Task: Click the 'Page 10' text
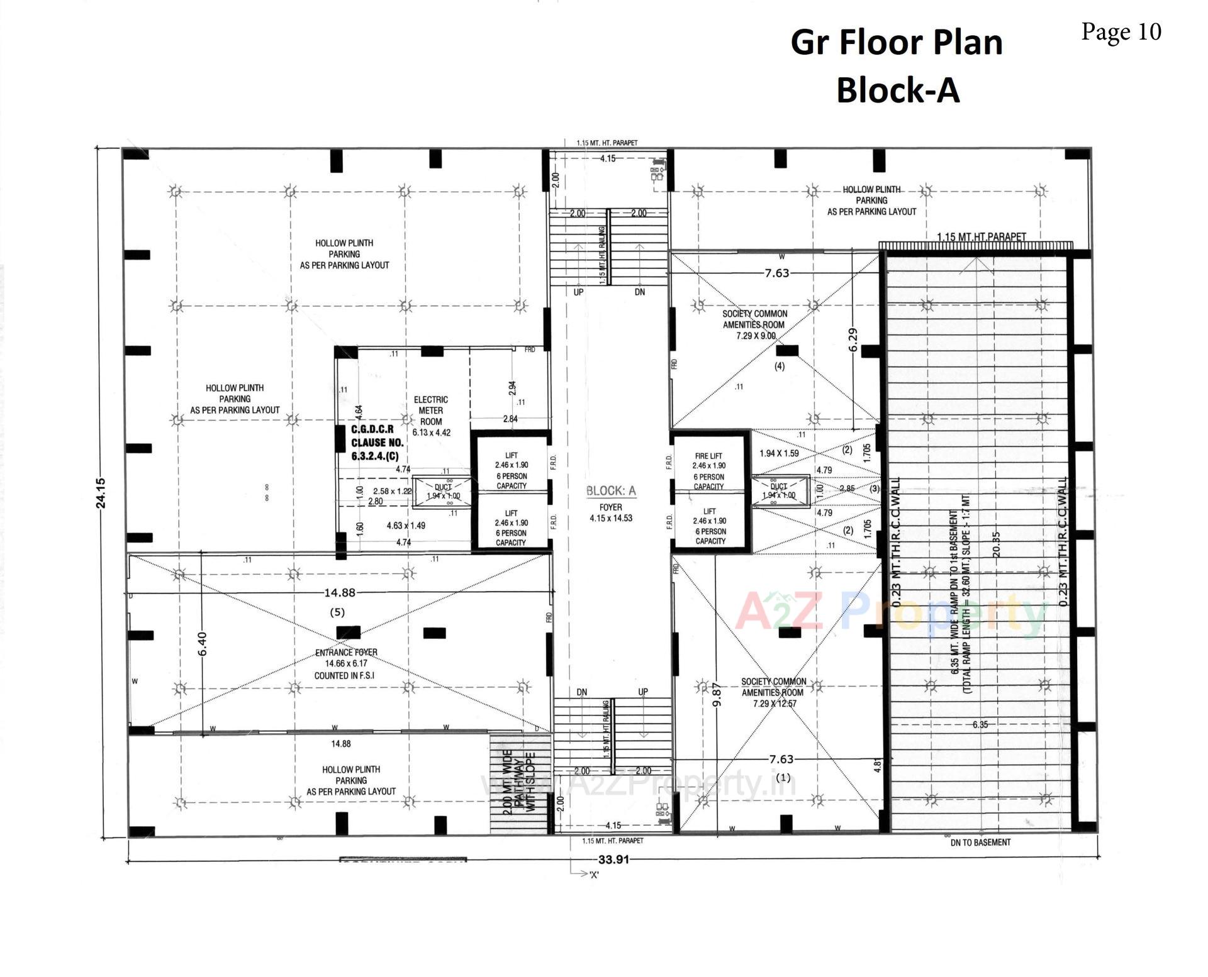tap(1121, 31)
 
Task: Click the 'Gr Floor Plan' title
tap(896, 43)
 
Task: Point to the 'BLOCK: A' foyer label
tap(611, 491)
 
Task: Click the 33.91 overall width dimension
tap(613, 859)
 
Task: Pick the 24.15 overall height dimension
tap(101, 492)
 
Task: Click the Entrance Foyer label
tap(347, 664)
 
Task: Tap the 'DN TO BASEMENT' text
tap(980, 842)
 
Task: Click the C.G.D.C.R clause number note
tap(377, 443)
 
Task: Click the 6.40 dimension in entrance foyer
tap(202, 643)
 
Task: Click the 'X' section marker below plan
tap(594, 875)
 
